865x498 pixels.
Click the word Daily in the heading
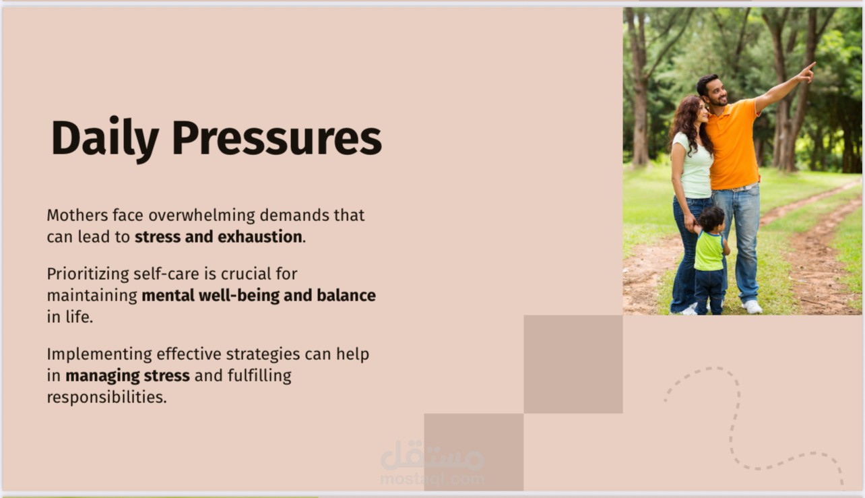pos(104,139)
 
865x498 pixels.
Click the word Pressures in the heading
pos(277,138)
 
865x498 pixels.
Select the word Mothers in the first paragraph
pos(77,215)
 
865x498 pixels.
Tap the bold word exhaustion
pos(260,237)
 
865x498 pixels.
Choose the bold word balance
pos(346,296)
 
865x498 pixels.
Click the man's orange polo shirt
pos(732,145)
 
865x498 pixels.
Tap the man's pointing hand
pos(807,72)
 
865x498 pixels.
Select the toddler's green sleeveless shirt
pos(709,251)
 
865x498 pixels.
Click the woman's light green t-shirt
pos(694,166)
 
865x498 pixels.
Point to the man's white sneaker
pos(751,307)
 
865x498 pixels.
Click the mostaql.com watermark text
pos(432,479)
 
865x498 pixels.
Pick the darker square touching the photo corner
pos(573,365)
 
